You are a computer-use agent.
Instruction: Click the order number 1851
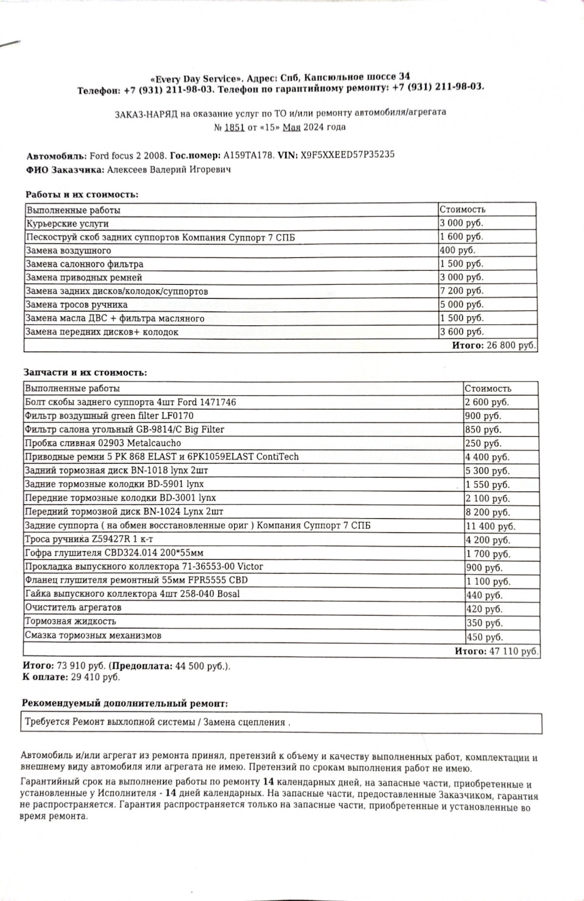tap(234, 127)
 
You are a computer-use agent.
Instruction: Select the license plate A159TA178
tap(249, 155)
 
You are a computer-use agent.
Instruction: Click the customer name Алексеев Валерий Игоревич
tap(169, 170)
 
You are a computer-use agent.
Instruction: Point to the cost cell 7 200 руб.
tap(461, 291)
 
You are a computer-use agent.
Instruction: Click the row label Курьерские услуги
tap(67, 223)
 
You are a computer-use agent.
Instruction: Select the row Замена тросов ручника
tap(77, 305)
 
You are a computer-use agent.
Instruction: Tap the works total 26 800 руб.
tap(511, 346)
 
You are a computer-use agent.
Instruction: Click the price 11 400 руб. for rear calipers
tap(490, 526)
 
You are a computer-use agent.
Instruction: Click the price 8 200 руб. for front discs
tap(487, 512)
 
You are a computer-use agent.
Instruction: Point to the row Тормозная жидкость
tap(71, 621)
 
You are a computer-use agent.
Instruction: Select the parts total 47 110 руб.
tap(513, 651)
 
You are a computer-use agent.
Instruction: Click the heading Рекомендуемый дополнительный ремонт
tap(125, 703)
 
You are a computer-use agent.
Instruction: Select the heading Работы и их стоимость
tap(82, 195)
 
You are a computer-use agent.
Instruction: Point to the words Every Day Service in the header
tap(196, 78)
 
